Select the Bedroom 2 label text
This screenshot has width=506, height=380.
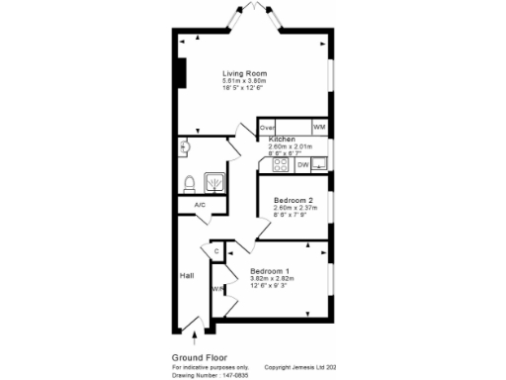[294, 201]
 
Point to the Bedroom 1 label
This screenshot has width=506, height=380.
[270, 271]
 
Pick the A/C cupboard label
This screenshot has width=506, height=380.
[199, 205]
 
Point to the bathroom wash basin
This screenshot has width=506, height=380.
[184, 147]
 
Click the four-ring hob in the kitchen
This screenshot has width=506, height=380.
[276, 164]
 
